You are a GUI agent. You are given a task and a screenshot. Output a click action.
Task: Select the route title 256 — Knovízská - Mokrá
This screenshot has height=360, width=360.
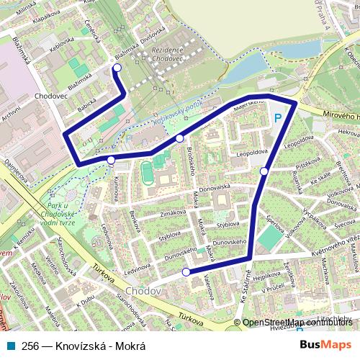tap(84, 345)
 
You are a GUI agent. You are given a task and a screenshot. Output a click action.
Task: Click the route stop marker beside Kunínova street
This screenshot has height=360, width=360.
tap(111, 160)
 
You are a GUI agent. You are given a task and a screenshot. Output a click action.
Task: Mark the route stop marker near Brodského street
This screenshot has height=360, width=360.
tap(179, 138)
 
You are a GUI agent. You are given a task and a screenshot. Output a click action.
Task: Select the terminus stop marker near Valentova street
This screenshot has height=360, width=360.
tap(186, 272)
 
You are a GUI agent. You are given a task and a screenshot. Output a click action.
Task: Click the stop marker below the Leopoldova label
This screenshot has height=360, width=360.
tap(265, 171)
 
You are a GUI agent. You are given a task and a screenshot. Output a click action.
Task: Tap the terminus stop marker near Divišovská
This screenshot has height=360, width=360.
tap(117, 68)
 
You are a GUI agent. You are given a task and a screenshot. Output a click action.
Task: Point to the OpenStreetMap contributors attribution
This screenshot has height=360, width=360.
tap(297, 323)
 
